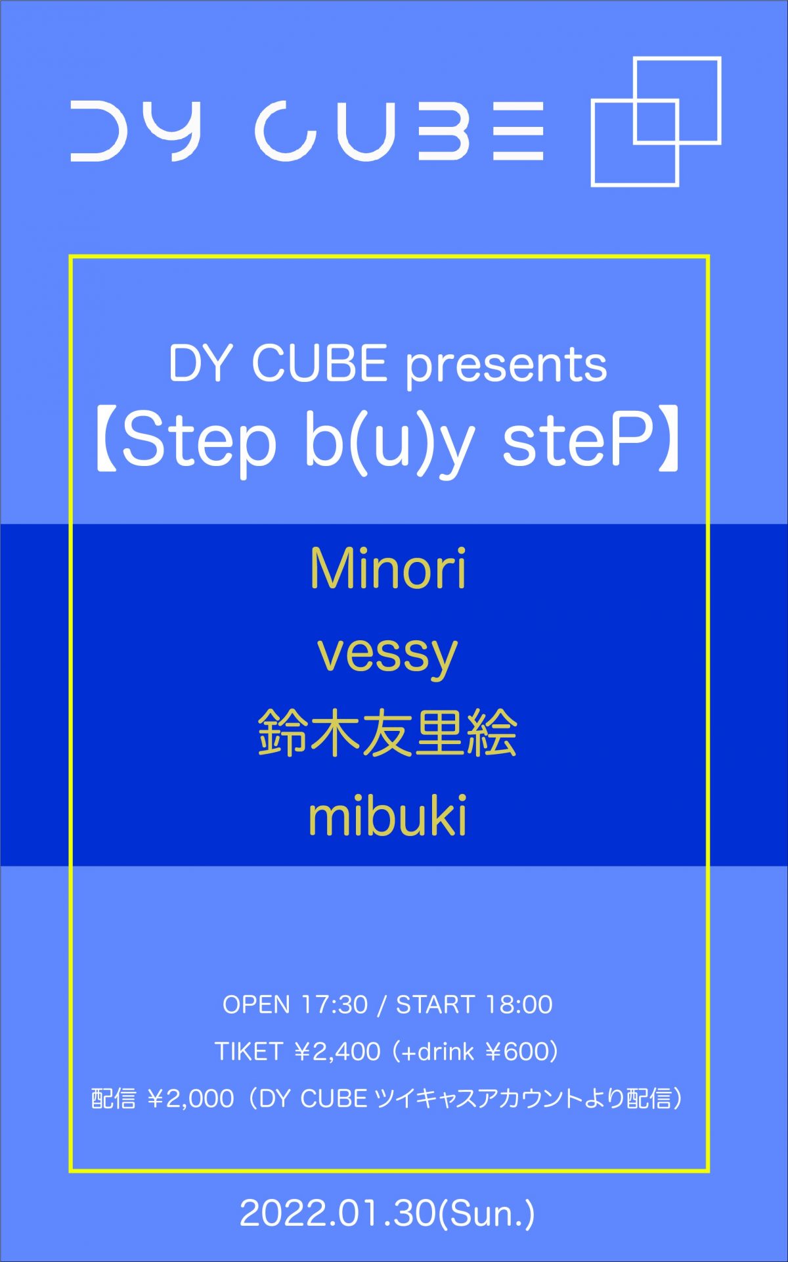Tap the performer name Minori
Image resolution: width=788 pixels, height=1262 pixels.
pos(388,569)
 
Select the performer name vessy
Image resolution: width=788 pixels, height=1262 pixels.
pos(387,655)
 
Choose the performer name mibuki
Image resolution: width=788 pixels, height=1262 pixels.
pos(387,816)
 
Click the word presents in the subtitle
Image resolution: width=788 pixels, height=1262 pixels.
pos(506,366)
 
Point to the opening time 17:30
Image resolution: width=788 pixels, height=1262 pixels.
pos(334,1005)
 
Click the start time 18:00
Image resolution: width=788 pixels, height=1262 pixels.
pos(519,1005)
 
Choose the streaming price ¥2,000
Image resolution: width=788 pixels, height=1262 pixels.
pos(190,1099)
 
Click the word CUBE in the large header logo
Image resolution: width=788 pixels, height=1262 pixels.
pos(399,131)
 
